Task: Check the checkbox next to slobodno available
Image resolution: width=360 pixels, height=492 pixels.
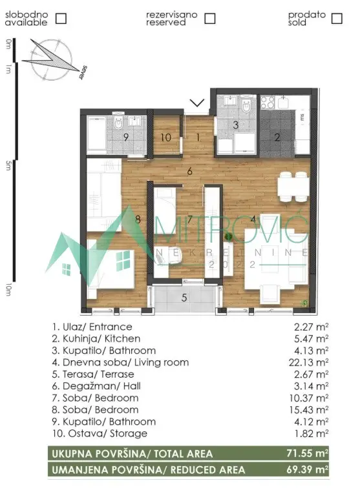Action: click(x=61, y=18)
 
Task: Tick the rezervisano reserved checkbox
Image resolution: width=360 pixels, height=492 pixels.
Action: click(x=209, y=18)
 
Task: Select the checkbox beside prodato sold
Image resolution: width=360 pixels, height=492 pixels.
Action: click(x=335, y=18)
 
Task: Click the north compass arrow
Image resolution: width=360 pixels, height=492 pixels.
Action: click(x=52, y=57)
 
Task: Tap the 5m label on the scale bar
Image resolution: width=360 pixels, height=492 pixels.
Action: click(x=8, y=167)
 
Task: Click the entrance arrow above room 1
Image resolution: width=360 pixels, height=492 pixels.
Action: click(x=198, y=103)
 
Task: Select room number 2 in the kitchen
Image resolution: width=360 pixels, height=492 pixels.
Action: click(x=277, y=137)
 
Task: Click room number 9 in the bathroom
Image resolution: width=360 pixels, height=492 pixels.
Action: click(x=126, y=137)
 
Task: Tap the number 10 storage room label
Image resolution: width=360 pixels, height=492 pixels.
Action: click(x=165, y=137)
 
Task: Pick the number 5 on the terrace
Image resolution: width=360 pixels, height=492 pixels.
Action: click(x=184, y=298)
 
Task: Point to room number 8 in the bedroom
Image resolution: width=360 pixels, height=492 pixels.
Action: click(x=138, y=219)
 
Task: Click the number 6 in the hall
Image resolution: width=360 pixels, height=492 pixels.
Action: click(x=190, y=171)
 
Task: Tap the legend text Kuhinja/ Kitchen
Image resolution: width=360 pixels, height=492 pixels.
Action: click(x=96, y=338)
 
